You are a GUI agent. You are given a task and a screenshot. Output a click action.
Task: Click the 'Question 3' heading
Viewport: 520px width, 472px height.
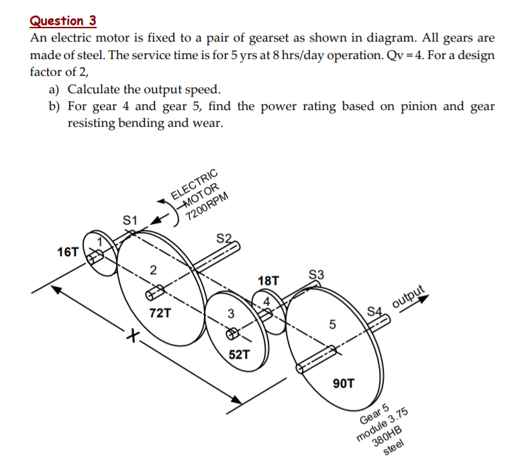click(x=63, y=21)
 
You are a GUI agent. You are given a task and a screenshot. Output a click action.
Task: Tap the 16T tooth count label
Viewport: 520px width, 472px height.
click(x=68, y=252)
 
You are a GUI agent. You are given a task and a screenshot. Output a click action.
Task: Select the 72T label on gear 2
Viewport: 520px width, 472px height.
click(x=160, y=312)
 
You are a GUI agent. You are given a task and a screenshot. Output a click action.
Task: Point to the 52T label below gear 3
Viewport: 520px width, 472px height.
click(x=240, y=354)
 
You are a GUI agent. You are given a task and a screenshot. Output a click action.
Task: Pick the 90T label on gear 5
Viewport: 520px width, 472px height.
click(x=344, y=383)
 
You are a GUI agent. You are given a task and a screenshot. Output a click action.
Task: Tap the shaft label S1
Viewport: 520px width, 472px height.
click(x=130, y=220)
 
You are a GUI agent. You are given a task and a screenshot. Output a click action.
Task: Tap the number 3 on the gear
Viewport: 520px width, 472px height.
click(x=230, y=313)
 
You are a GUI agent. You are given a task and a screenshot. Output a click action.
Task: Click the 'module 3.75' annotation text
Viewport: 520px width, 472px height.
click(x=384, y=428)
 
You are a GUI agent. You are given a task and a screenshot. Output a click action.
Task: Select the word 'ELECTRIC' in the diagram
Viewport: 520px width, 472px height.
click(x=195, y=182)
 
